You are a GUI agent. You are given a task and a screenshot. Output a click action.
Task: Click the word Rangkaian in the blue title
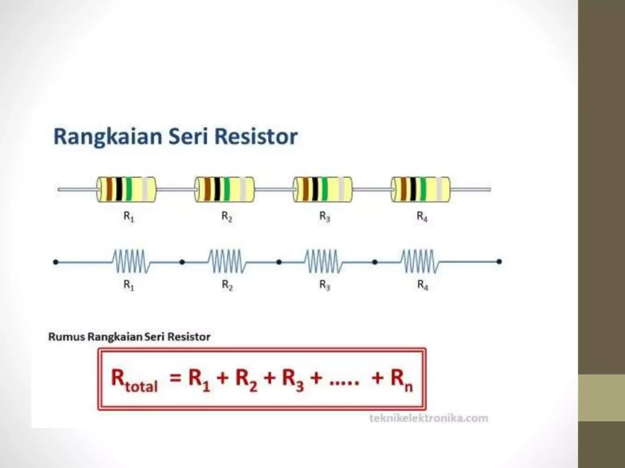click(x=107, y=137)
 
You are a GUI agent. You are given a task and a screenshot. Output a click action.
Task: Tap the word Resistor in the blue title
click(x=256, y=136)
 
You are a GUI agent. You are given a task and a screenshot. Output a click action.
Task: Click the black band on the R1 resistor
click(x=119, y=190)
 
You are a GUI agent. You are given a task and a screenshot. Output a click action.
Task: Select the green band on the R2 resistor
click(x=226, y=190)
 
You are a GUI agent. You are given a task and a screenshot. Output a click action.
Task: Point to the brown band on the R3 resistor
click(x=306, y=190)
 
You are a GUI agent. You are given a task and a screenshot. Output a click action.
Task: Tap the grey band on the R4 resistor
click(x=439, y=190)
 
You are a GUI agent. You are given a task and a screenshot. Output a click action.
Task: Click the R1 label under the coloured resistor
click(x=129, y=217)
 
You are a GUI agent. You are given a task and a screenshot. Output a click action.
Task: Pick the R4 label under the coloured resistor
click(x=422, y=217)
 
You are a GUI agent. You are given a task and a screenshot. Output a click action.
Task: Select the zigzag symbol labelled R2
click(x=227, y=261)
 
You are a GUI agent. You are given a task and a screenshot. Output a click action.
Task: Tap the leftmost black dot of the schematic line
click(x=56, y=262)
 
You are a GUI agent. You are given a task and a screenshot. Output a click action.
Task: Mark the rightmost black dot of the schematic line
click(x=499, y=261)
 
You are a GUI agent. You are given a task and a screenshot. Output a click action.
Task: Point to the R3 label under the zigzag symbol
click(x=325, y=285)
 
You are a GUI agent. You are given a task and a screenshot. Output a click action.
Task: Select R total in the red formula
click(x=134, y=380)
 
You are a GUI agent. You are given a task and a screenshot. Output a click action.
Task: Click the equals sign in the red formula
click(x=176, y=377)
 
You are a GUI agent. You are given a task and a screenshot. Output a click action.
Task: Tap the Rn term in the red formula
click(x=402, y=380)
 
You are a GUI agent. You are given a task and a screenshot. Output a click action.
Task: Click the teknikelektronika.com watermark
click(x=429, y=418)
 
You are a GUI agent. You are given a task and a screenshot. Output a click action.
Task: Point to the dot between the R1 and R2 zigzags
click(x=182, y=262)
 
